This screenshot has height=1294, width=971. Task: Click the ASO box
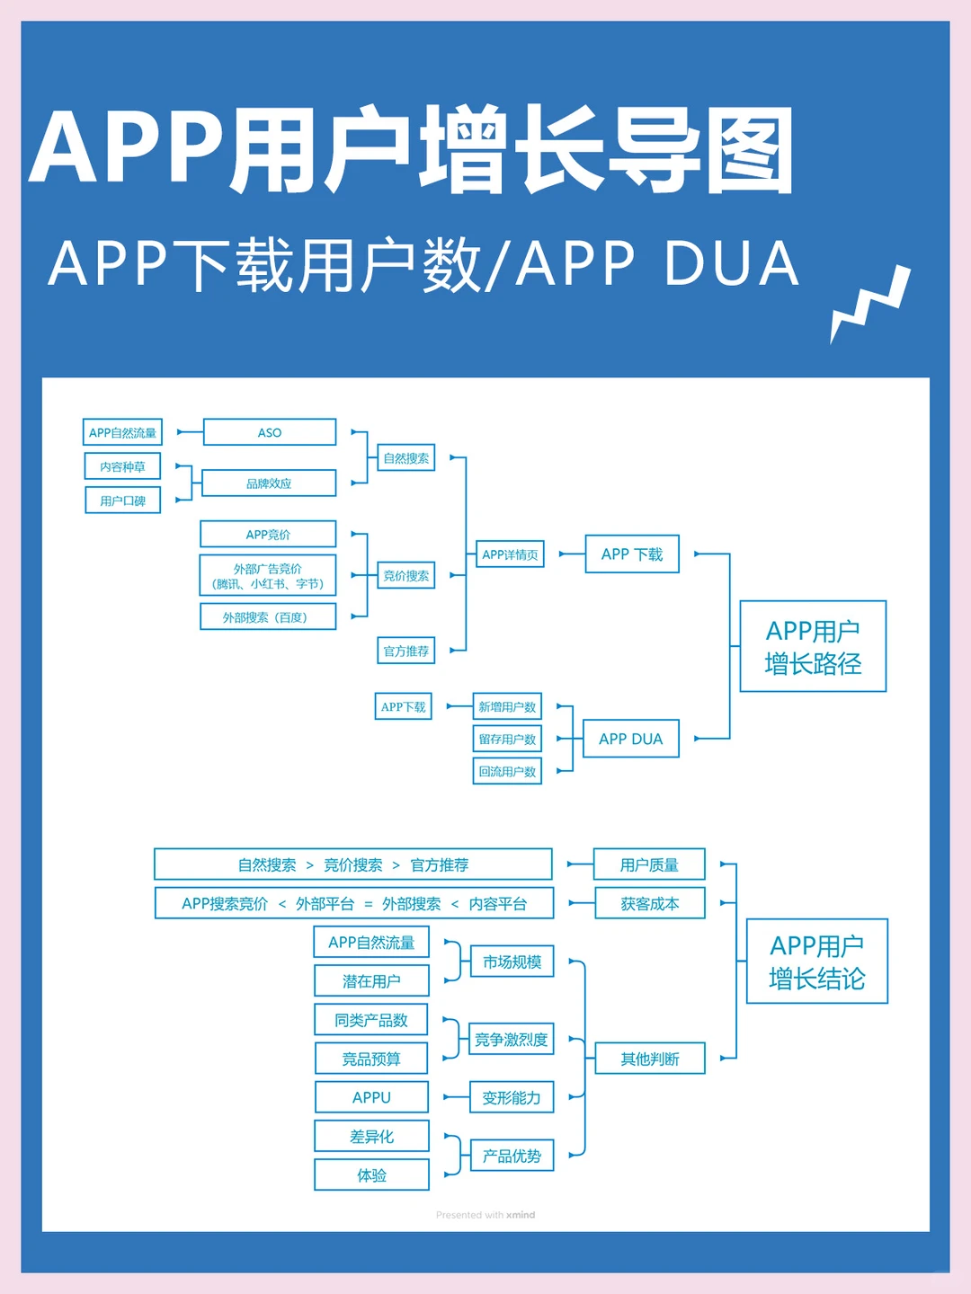pos(270,432)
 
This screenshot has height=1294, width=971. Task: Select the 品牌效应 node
pos(269,483)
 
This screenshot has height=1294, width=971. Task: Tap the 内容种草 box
pos(122,466)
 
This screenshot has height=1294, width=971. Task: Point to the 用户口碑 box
pos(122,501)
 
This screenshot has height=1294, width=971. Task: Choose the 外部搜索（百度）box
pos(267,617)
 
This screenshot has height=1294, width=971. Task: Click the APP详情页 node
pos(510,554)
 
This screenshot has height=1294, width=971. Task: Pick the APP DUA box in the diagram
pos(630,739)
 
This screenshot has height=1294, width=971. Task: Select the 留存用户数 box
pos(507,739)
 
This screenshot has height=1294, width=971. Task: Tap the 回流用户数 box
pos(507,771)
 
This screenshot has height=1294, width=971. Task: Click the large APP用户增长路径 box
pos(813,647)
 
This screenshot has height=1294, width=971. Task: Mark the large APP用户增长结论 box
pos(816,962)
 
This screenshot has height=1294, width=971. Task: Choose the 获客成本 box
pos(649,904)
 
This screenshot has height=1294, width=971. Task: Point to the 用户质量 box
pos(649,864)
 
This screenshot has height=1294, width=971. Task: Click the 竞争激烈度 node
pos(511,1040)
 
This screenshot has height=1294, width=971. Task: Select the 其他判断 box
pos(649,1059)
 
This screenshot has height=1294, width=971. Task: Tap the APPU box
pos(371,1097)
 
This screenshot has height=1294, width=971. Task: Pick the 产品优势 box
pos(512,1156)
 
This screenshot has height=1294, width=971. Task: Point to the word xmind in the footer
pos(521,1215)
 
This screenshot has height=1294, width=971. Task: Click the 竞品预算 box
pos(371,1059)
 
